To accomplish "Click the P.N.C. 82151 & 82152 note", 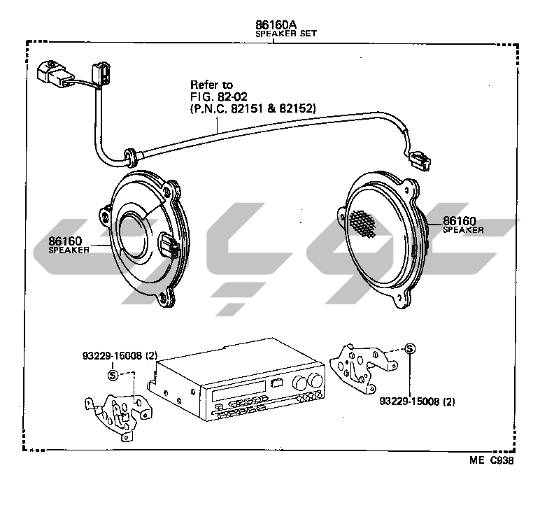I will (253, 108).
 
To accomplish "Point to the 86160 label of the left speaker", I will (65, 240).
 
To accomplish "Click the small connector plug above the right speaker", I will (421, 162).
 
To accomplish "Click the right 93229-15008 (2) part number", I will (417, 401).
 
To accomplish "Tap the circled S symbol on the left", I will (112, 375).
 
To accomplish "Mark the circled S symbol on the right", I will (410, 349).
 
